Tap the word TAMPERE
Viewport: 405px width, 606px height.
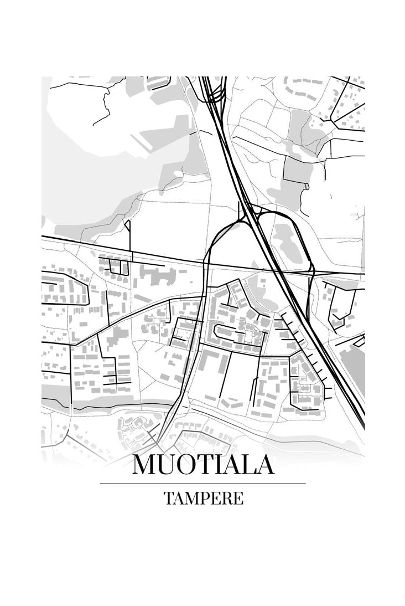point(203,498)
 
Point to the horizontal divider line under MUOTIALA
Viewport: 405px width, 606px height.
point(203,484)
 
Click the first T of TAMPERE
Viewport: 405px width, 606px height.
point(168,498)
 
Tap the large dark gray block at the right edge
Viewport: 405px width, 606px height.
point(355,366)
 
